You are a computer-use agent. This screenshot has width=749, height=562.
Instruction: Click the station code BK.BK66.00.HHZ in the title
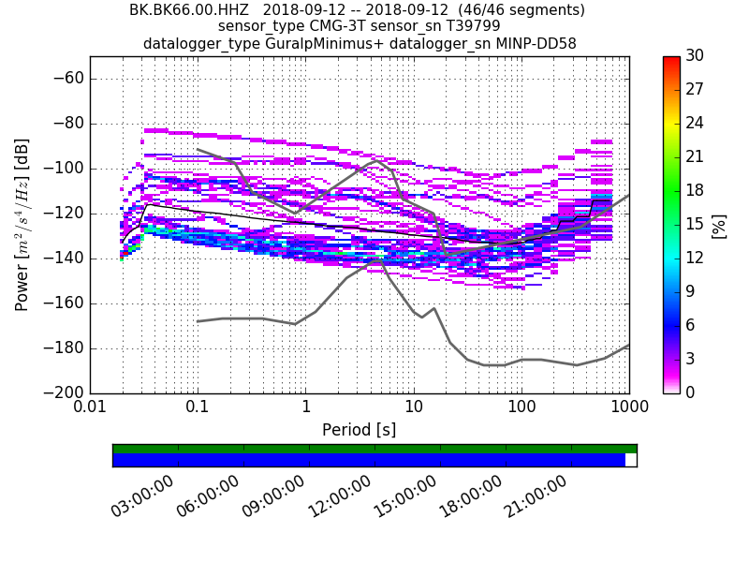tap(184, 10)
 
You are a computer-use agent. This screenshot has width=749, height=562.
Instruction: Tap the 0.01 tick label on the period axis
tap(90, 408)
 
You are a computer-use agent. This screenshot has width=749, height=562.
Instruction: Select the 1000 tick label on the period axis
tap(629, 408)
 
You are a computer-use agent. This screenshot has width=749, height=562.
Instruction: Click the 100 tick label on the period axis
tap(521, 408)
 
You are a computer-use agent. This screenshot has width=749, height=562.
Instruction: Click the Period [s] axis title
tap(359, 430)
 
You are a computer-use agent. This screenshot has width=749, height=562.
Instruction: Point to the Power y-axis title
tap(22, 225)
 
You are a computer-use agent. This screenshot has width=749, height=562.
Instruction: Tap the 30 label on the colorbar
tap(694, 56)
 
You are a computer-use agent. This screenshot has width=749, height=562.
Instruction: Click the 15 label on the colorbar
tap(694, 224)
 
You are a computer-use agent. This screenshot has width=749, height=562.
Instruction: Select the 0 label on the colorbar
tap(690, 392)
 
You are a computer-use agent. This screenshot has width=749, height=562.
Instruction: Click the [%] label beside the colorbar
tap(719, 225)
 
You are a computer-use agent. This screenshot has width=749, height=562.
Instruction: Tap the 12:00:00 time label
tap(338, 495)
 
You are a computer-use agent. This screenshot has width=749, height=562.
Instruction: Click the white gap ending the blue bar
tap(631, 460)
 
